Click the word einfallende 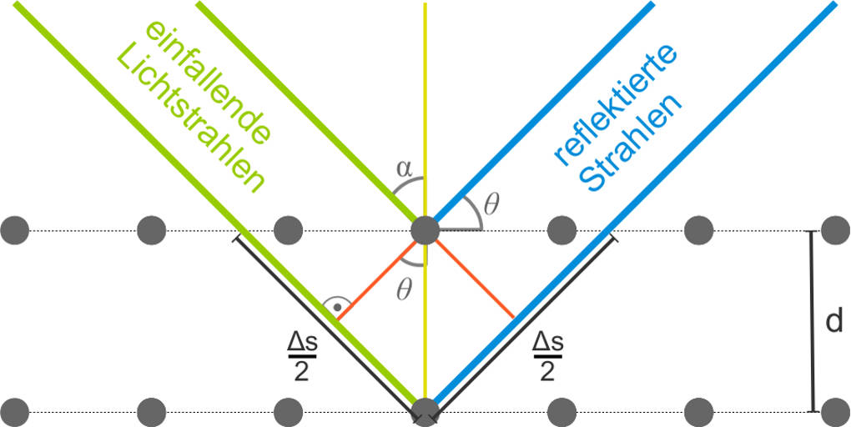209,79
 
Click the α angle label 404,168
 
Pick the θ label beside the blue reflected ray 491,203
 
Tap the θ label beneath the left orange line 405,291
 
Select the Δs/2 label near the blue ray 547,354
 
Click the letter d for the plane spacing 834,322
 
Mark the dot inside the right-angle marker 337,308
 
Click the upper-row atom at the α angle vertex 425,229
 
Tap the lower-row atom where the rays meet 425,411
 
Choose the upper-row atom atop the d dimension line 835,229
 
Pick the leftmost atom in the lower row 15,411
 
